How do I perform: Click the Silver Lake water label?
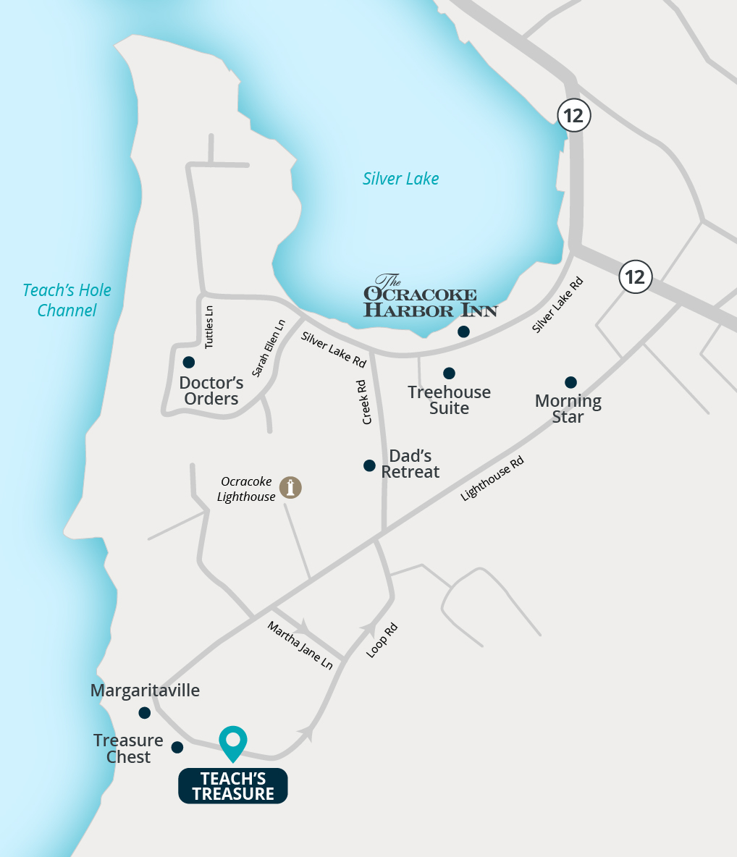[x=400, y=179]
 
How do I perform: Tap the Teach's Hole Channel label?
[x=67, y=300]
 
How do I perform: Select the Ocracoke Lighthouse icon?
[x=291, y=487]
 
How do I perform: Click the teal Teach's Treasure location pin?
[x=233, y=742]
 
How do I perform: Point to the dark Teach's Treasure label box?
[x=233, y=786]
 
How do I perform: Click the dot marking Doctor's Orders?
[x=189, y=362]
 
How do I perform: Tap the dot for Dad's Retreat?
[x=369, y=465]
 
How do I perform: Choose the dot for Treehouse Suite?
[x=449, y=373]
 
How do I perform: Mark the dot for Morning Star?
[x=570, y=382]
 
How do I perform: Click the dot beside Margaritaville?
[x=145, y=713]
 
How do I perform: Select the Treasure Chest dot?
[x=177, y=747]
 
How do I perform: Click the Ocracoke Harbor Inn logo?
[x=430, y=297]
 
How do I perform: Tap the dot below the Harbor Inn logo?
[x=463, y=332]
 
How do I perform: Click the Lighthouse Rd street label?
[x=492, y=478]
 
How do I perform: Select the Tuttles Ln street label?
[x=209, y=327]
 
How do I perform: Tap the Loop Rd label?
[x=382, y=640]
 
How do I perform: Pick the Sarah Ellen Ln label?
[x=269, y=347]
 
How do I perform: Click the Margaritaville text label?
[x=145, y=691]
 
